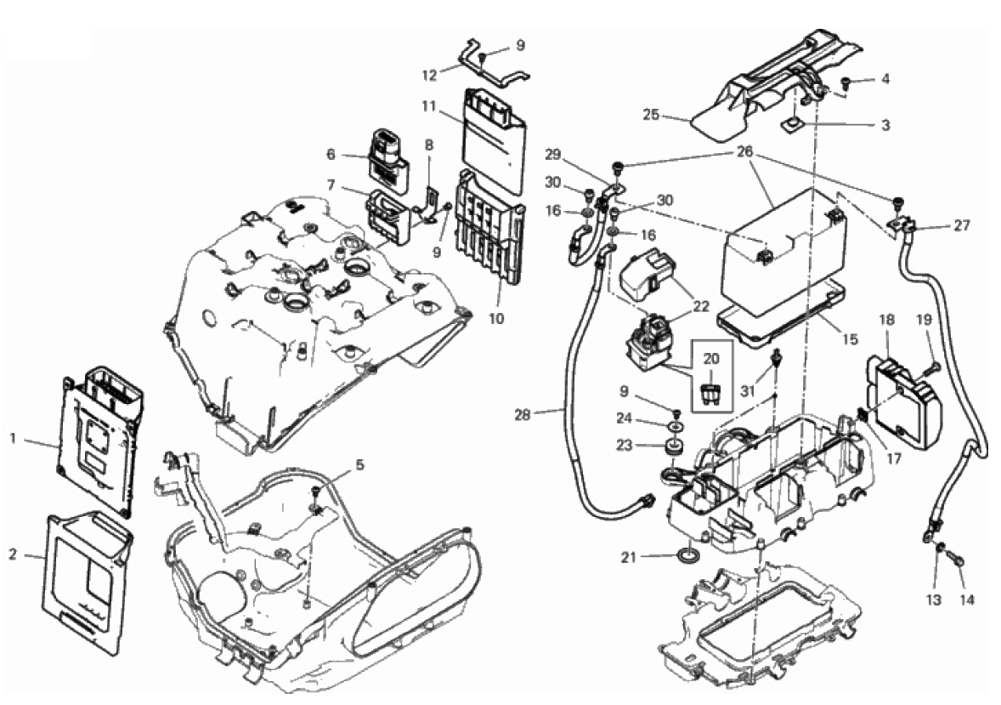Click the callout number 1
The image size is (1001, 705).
[x=13, y=439]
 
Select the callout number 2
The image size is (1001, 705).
[x=13, y=554]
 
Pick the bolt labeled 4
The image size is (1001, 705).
[x=848, y=82]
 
